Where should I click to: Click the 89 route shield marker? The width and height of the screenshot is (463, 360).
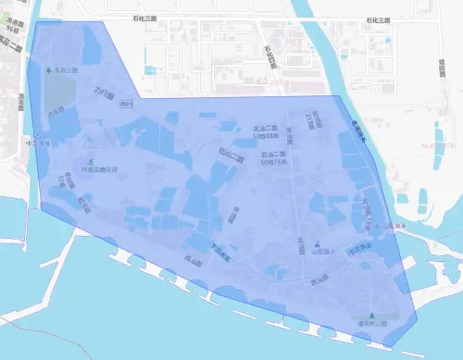pyautogui.click(x=127, y=105)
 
